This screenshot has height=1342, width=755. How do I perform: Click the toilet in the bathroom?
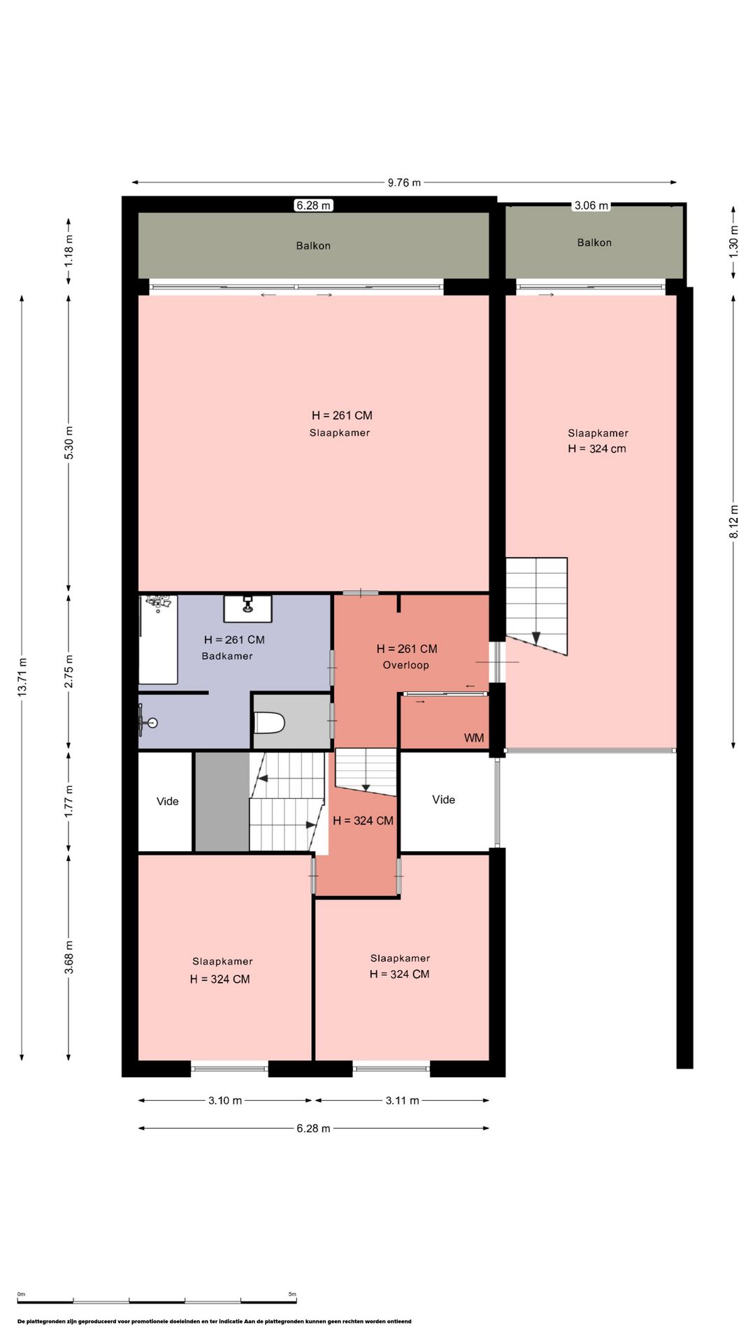269,722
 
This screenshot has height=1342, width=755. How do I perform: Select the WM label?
474,738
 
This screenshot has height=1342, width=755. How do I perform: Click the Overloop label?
405,665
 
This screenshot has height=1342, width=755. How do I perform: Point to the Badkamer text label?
227,656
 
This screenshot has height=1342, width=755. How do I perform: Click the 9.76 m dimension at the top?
404,182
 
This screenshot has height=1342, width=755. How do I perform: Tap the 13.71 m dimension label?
22,677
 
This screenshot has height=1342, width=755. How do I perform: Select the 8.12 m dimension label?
733,521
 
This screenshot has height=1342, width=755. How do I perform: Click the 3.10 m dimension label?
225,1100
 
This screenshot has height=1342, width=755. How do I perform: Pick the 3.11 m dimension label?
403,1100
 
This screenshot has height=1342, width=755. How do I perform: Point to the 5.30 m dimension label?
69,442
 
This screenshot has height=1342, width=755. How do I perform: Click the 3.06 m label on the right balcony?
591,205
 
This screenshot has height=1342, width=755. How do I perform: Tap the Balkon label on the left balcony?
313,245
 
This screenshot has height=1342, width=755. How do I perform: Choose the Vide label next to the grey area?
168,801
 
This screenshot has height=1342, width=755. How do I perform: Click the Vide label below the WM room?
444,800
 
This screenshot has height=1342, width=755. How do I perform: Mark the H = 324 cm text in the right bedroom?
597,449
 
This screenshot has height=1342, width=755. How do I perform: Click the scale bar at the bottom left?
157,1301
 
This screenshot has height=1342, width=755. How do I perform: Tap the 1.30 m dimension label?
733,242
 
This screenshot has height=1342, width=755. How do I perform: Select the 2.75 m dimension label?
69,672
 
